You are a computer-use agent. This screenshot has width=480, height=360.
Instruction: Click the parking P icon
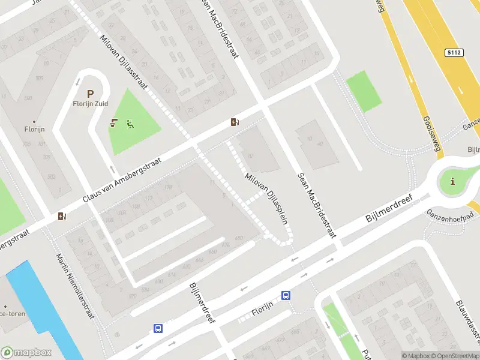(91, 94)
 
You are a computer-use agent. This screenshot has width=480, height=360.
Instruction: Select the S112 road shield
(454, 53)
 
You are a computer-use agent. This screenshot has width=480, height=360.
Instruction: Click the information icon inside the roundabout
(452, 181)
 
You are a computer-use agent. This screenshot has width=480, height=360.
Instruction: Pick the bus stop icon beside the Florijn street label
(286, 295)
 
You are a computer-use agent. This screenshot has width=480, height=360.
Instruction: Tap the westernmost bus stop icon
(158, 328)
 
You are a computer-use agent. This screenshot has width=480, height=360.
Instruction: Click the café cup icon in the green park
(113, 124)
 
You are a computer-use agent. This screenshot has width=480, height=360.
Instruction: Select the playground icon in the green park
(130, 124)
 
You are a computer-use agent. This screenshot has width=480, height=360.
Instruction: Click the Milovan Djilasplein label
(266, 199)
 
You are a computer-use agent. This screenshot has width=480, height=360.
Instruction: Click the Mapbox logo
(26, 352)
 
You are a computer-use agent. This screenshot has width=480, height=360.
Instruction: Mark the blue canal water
(42, 306)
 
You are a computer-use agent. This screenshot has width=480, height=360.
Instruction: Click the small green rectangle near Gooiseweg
(364, 91)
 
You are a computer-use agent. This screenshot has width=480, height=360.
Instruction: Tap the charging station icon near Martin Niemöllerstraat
(62, 217)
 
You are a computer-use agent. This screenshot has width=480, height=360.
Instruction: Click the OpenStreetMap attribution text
(457, 356)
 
